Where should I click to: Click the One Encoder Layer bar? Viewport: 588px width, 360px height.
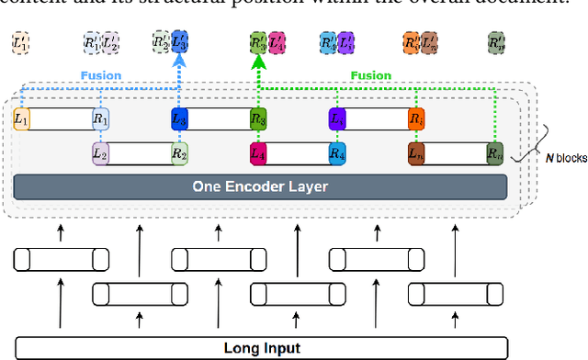[260, 186]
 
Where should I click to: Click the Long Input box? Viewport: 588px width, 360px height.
[260, 348]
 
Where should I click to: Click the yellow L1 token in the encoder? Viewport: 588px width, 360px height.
[21, 118]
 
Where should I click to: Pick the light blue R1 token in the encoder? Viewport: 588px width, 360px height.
[100, 118]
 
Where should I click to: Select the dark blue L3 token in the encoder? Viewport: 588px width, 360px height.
[179, 118]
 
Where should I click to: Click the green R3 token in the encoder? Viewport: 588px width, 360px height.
[258, 118]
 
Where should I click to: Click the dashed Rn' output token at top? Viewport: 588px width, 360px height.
[497, 42]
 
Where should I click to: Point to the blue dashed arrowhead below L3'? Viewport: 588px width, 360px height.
[179, 61]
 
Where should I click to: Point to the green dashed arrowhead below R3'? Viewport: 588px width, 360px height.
[258, 61]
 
